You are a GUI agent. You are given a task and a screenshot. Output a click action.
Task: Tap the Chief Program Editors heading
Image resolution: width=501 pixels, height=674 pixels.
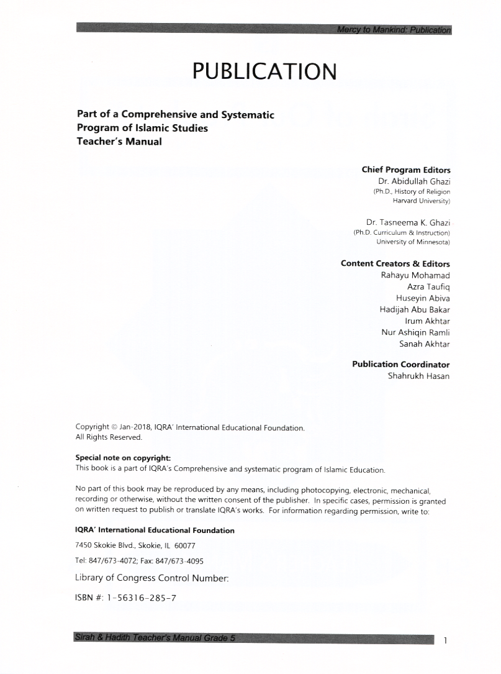pyautogui.click(x=406, y=170)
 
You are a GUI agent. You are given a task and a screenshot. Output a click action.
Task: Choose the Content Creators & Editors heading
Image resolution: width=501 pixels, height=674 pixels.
pyautogui.click(x=395, y=263)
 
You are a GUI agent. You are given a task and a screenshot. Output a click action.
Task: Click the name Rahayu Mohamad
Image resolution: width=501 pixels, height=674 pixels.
pyautogui.click(x=415, y=275)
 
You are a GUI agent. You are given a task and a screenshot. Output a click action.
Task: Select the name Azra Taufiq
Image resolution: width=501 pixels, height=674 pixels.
pyautogui.click(x=428, y=286)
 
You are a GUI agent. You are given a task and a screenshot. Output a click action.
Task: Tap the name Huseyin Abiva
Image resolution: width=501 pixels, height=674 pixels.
pyautogui.click(x=423, y=298)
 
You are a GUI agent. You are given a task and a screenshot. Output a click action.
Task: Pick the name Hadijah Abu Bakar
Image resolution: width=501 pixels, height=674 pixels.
pyautogui.click(x=415, y=309)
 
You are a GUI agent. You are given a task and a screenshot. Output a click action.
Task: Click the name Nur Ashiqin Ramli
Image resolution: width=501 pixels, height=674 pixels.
pyautogui.click(x=415, y=332)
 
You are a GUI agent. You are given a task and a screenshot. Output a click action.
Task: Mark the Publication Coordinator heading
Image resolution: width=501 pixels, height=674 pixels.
pyautogui.click(x=401, y=364)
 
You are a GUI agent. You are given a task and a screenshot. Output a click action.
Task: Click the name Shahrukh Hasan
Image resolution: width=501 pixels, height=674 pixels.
pyautogui.click(x=418, y=376)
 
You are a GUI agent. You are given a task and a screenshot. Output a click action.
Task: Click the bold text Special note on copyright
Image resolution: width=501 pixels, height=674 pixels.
pyautogui.click(x=119, y=458)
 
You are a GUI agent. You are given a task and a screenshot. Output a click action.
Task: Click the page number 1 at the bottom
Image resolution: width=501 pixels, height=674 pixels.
pyautogui.click(x=446, y=640)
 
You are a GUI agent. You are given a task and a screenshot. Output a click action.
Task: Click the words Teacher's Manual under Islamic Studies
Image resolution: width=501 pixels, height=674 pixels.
pyautogui.click(x=119, y=141)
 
